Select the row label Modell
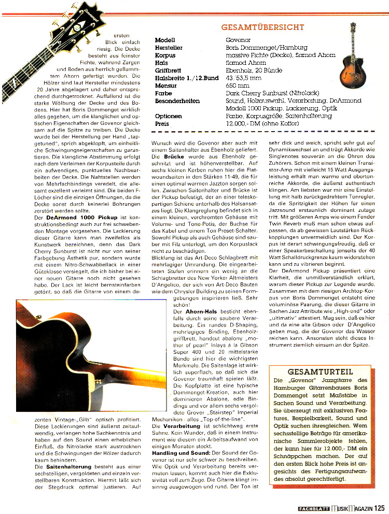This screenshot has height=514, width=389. (165, 40)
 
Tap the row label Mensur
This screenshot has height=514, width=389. (166, 85)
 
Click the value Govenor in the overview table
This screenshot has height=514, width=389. (238, 40)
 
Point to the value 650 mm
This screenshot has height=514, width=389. (238, 85)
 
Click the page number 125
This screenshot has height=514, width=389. (378, 508)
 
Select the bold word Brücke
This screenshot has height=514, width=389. (174, 155)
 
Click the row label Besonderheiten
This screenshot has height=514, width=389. (177, 101)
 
